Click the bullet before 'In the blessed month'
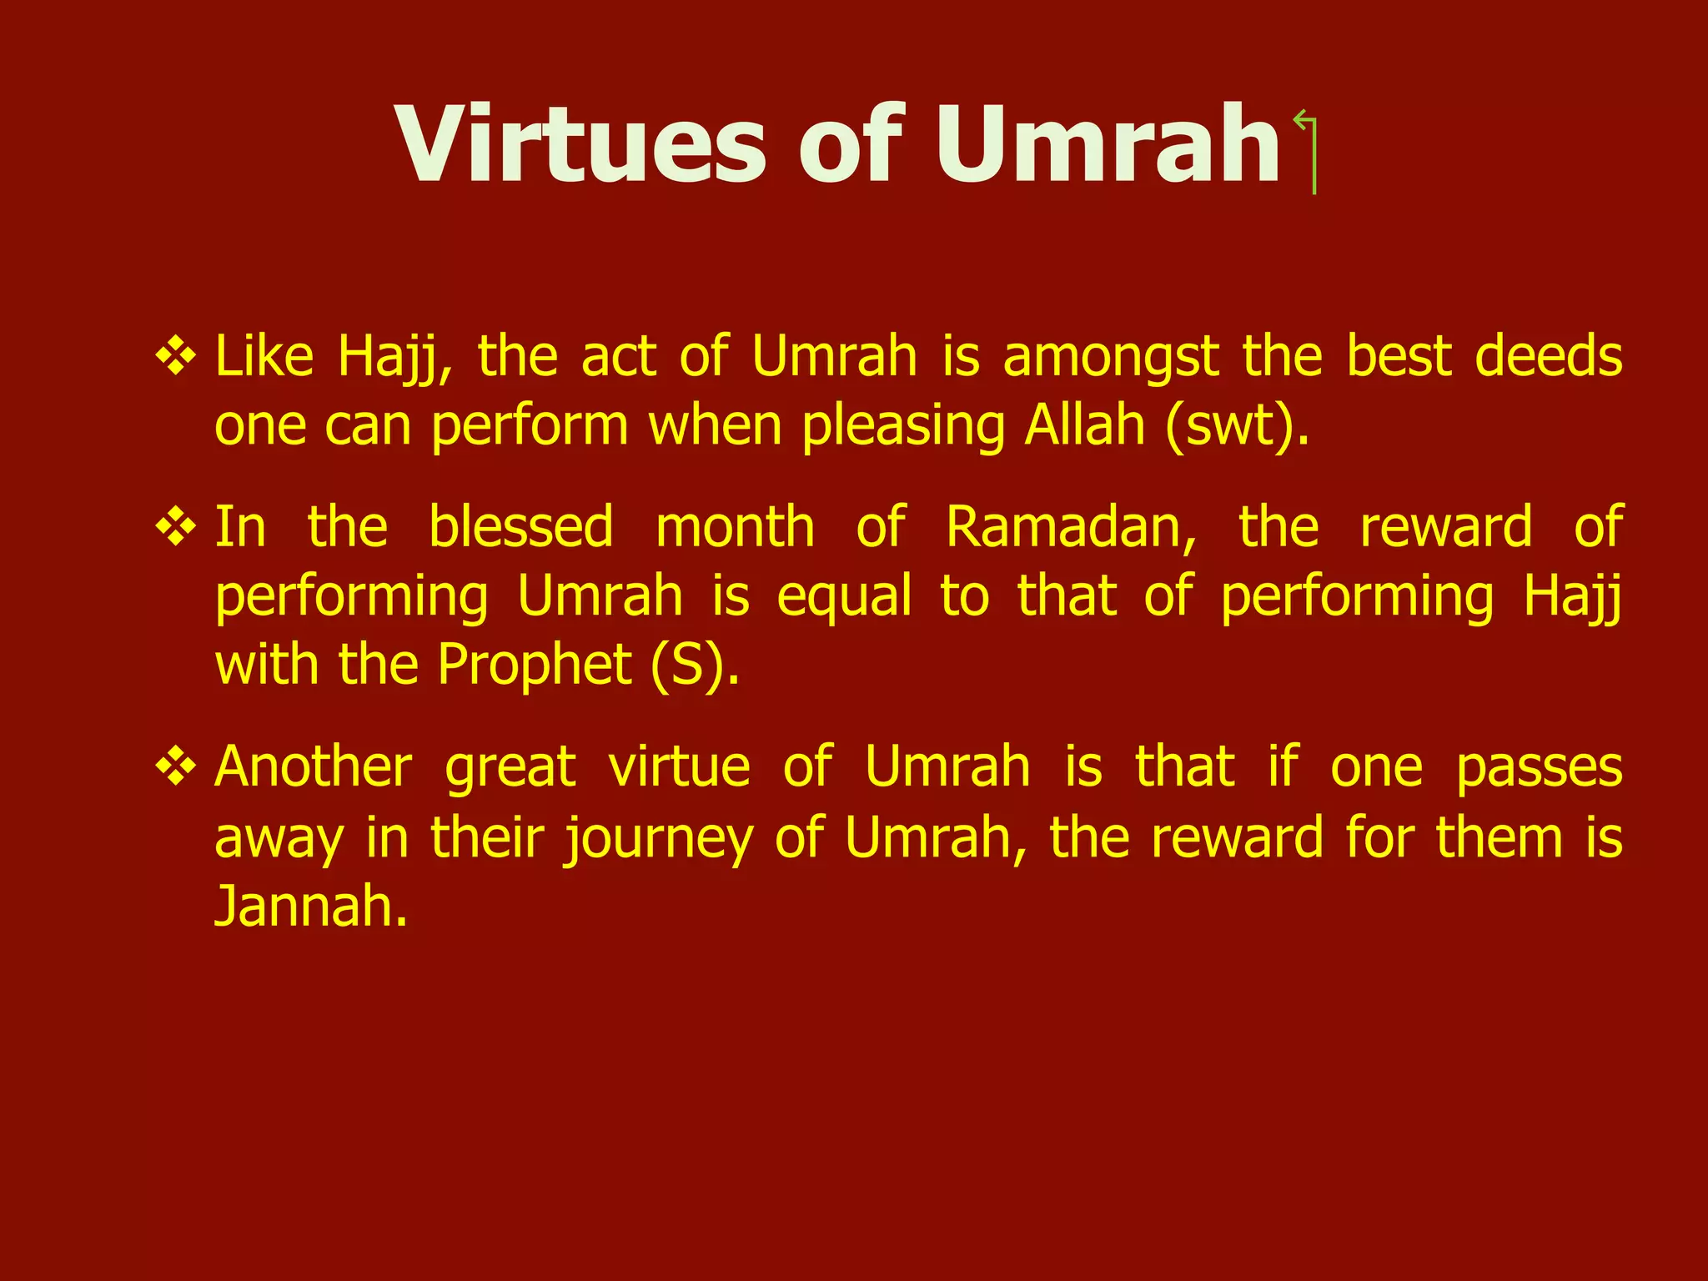pyautogui.click(x=176, y=527)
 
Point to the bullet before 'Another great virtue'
pyautogui.click(x=176, y=766)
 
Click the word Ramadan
pyautogui.click(x=1071, y=527)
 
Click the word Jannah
pyautogui.click(x=310, y=906)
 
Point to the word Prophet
pyautogui.click(x=534, y=666)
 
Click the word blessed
pyautogui.click(x=521, y=527)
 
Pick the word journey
pyautogui.click(x=659, y=838)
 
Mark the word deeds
pyautogui.click(x=1548, y=357)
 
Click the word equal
pyautogui.click(x=844, y=597)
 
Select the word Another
pyautogui.click(x=314, y=766)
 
